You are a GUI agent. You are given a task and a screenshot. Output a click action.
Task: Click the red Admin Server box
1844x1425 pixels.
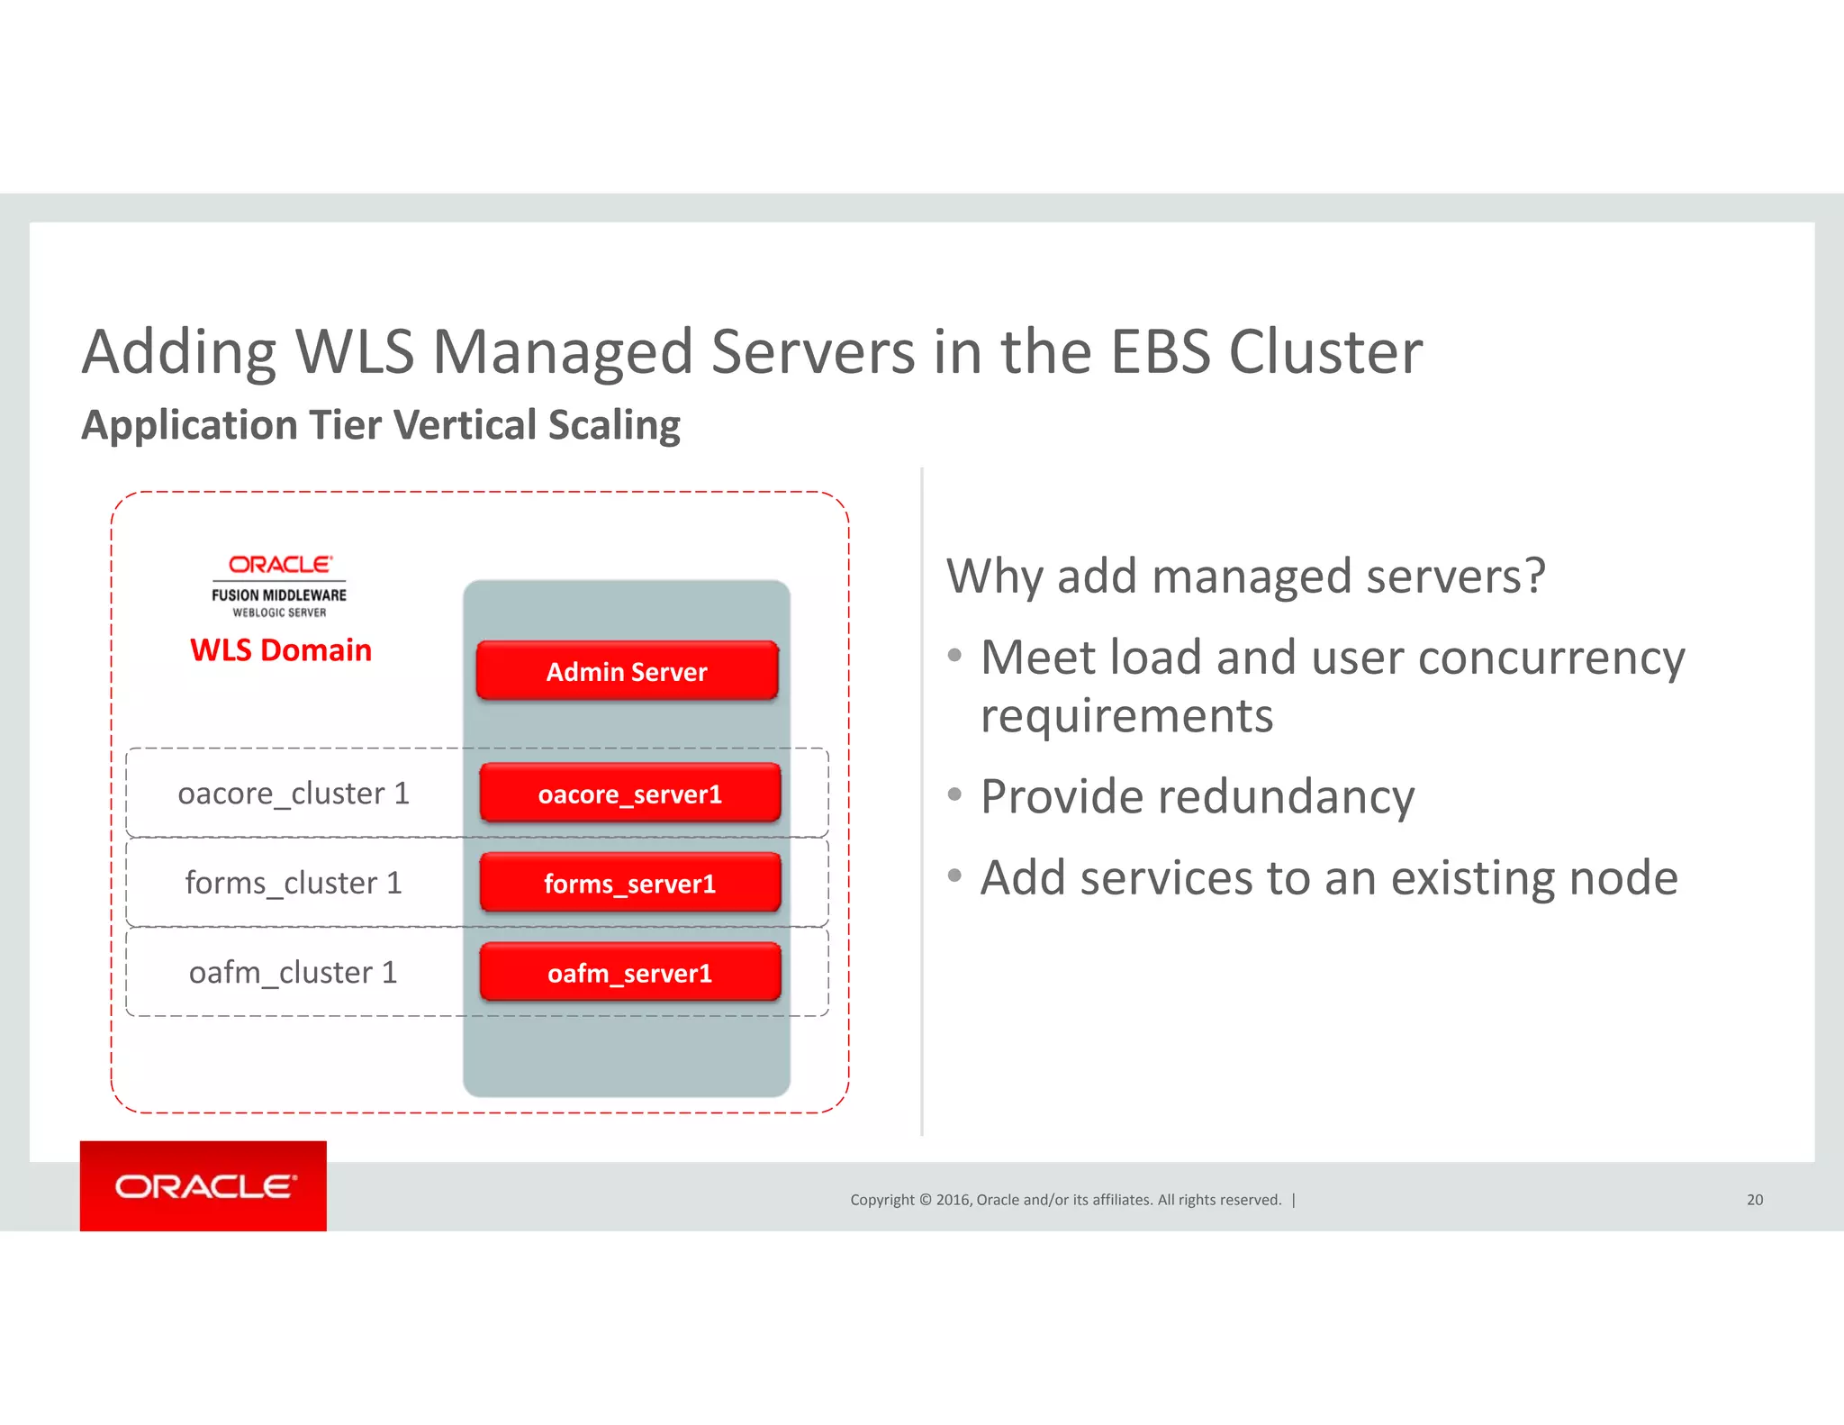pos(627,671)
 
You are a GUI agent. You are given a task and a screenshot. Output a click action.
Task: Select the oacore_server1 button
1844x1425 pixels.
pos(629,794)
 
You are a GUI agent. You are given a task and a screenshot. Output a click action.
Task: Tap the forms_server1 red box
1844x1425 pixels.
pos(629,884)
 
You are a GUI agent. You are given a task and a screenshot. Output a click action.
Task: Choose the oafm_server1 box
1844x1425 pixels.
pos(629,973)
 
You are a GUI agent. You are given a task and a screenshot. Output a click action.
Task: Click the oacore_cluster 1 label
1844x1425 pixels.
pos(294,794)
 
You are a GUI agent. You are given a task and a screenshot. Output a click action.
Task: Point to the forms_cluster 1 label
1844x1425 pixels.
pos(294,883)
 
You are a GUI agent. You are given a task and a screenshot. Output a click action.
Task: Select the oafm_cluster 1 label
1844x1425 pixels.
pos(294,973)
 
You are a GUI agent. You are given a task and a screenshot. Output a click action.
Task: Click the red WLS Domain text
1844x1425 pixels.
pos(281,650)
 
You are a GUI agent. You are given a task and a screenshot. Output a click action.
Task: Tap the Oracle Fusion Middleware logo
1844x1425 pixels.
pos(279,585)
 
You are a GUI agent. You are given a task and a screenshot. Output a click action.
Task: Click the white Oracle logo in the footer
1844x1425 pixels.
pos(204,1186)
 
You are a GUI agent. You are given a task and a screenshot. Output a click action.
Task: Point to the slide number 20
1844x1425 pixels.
pos(1755,1200)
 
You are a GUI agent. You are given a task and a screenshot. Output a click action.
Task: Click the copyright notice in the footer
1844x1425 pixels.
pos(1066,1200)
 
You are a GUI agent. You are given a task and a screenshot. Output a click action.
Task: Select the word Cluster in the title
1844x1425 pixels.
pos(1325,351)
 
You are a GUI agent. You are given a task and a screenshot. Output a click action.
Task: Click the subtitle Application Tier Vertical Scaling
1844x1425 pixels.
pos(381,425)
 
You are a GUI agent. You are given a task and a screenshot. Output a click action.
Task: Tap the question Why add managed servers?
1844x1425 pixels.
pos(1246,576)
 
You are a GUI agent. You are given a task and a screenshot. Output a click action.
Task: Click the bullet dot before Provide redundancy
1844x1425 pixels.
pos(955,794)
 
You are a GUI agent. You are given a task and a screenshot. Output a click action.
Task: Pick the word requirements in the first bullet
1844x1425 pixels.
pos(1126,717)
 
